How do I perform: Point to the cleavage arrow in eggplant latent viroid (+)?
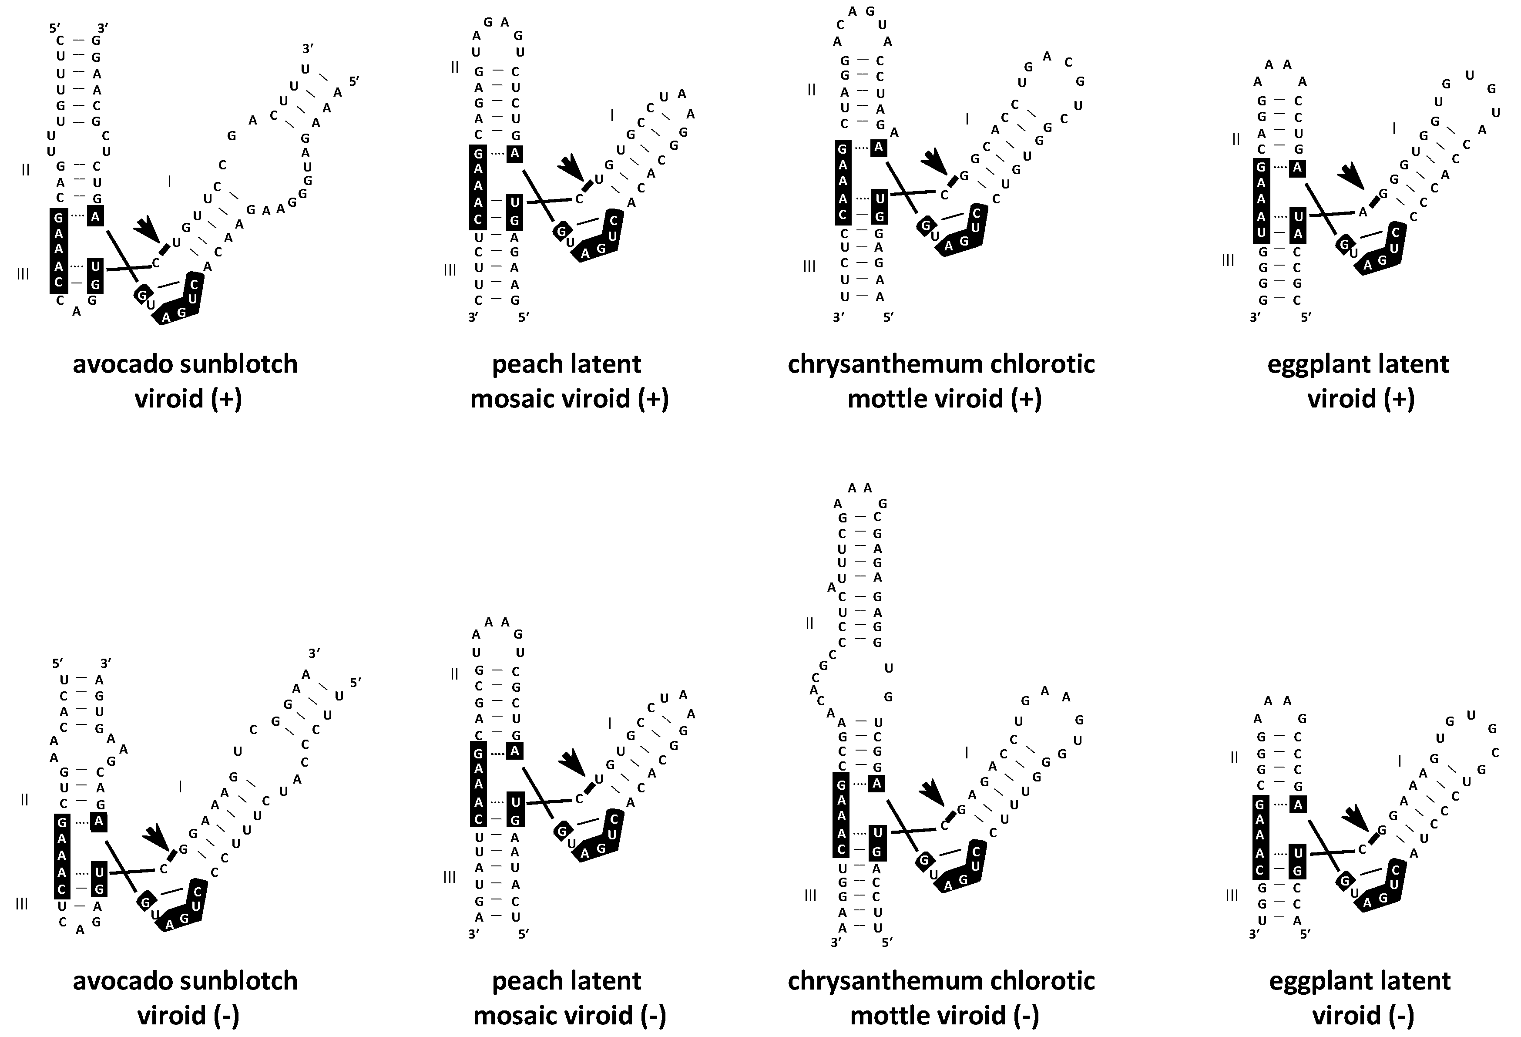[1350, 175]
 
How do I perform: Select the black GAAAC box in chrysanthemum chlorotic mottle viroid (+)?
[843, 182]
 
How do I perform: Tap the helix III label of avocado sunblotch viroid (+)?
[23, 274]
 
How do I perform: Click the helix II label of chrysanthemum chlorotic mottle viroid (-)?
[809, 623]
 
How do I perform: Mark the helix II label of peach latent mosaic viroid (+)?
[454, 66]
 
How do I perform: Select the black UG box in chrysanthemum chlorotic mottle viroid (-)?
[878, 842]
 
